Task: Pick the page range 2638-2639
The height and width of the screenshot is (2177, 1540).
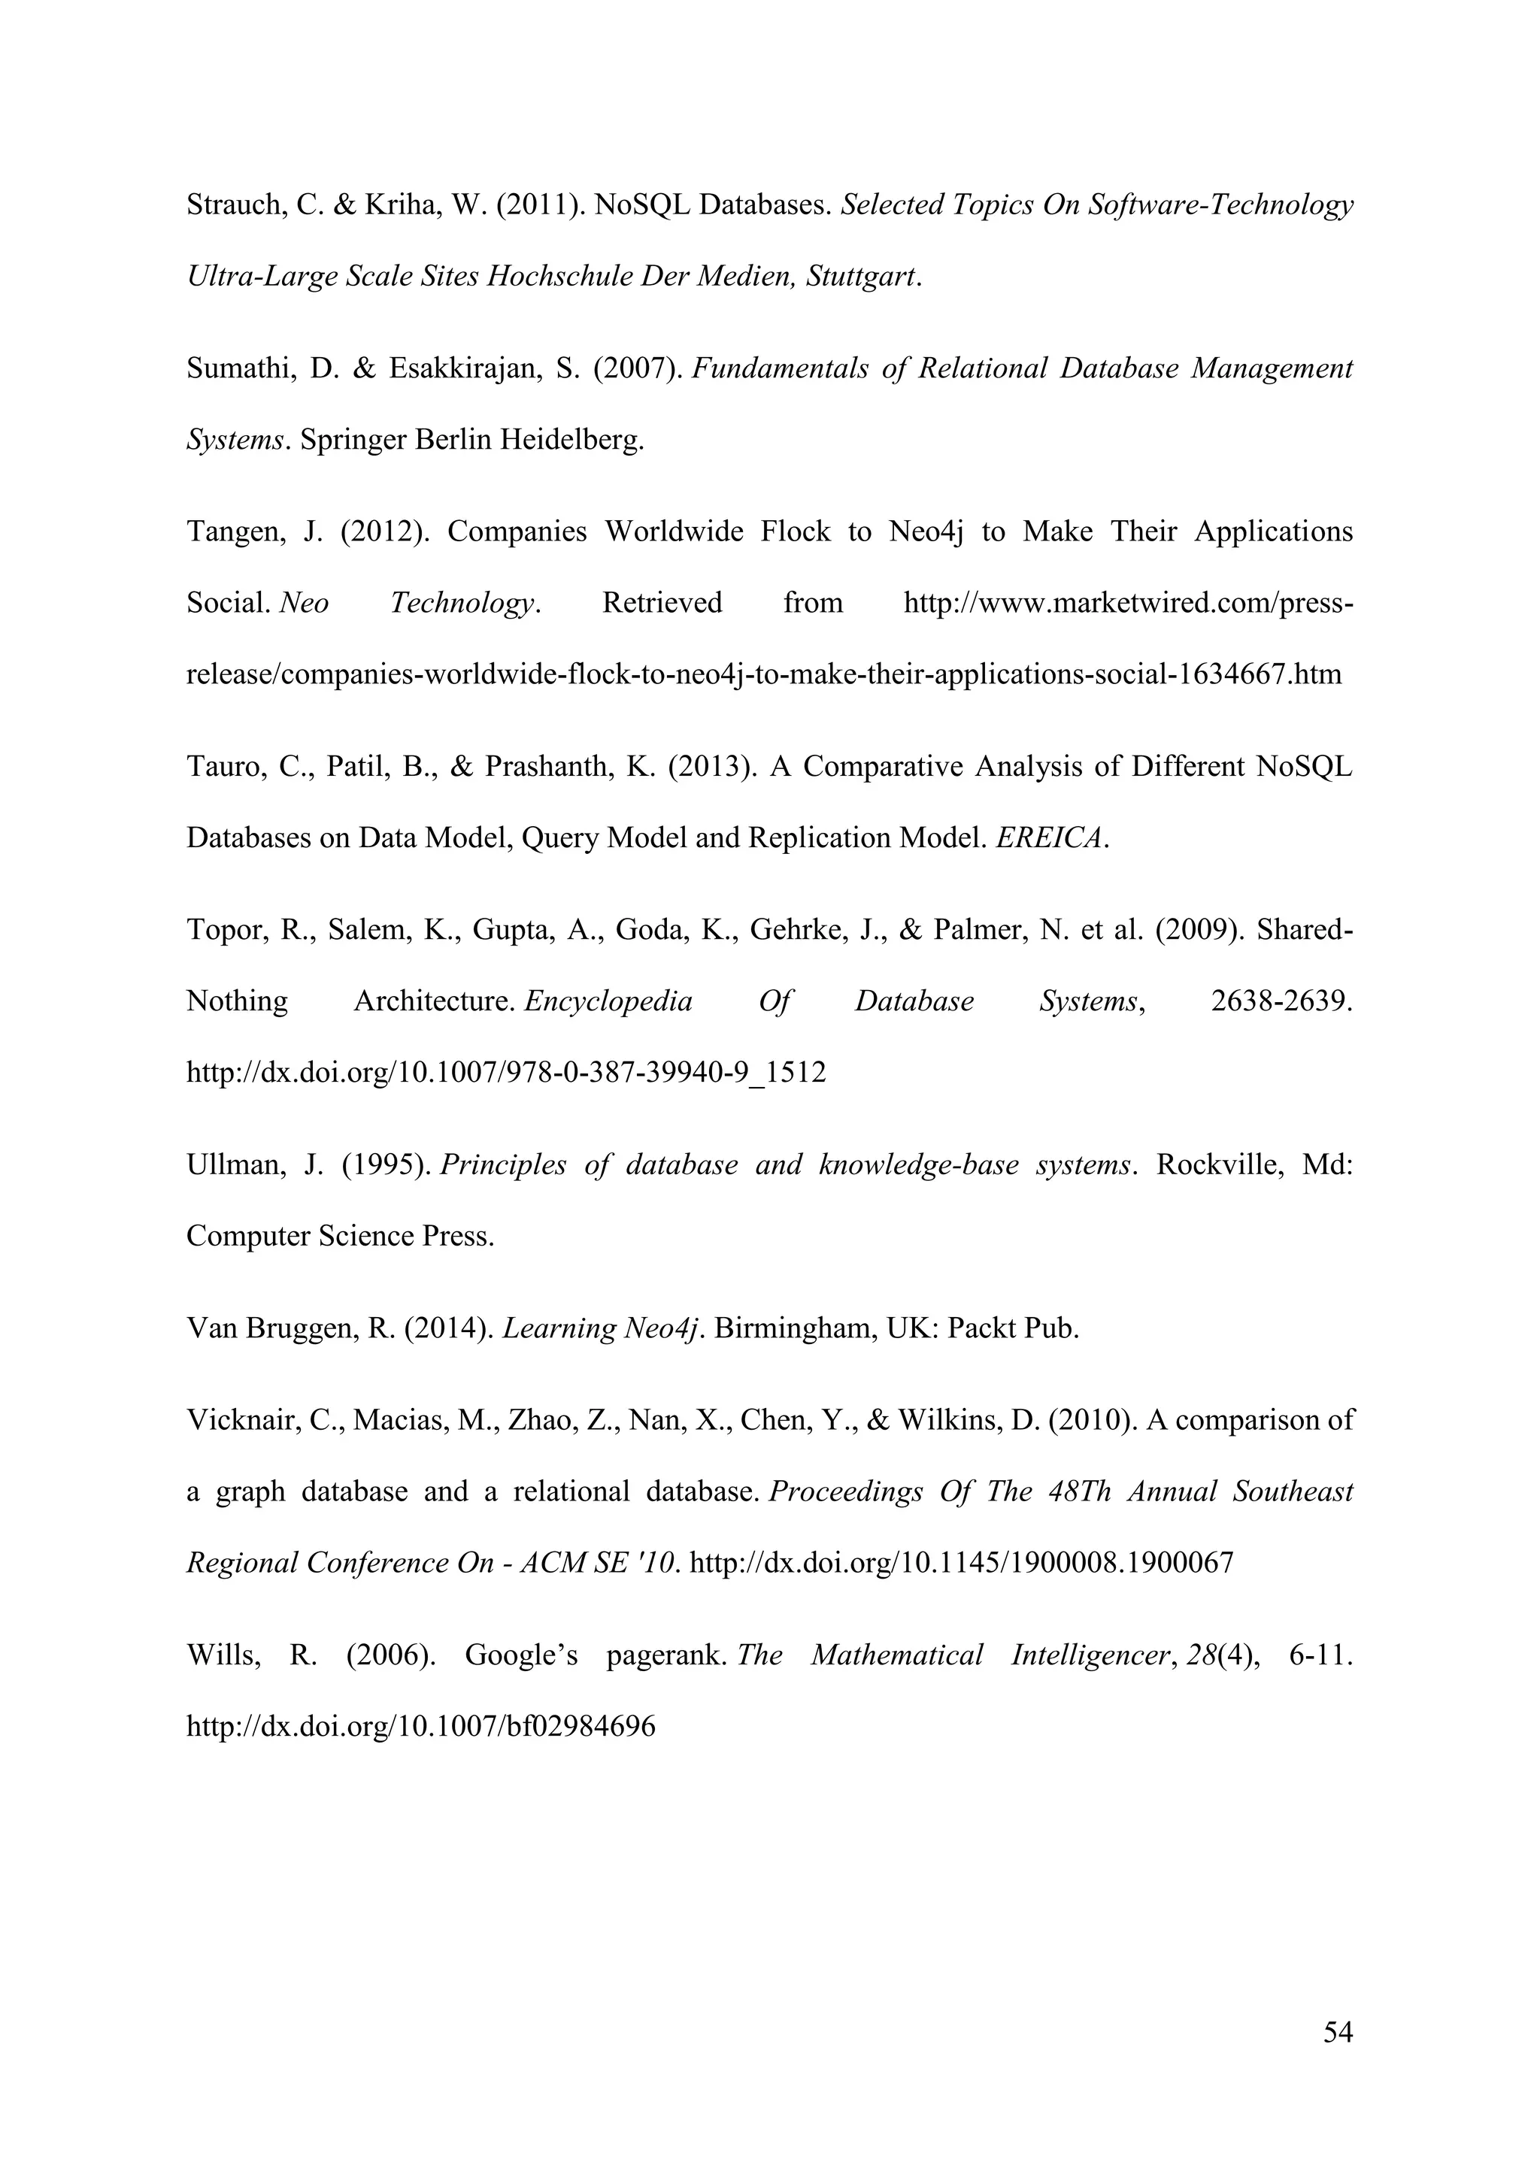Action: (1281, 1002)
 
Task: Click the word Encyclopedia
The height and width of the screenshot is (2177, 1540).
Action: (608, 1002)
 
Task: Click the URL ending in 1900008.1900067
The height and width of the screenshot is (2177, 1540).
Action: (962, 1564)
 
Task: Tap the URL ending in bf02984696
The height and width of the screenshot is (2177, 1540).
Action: (421, 1727)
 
